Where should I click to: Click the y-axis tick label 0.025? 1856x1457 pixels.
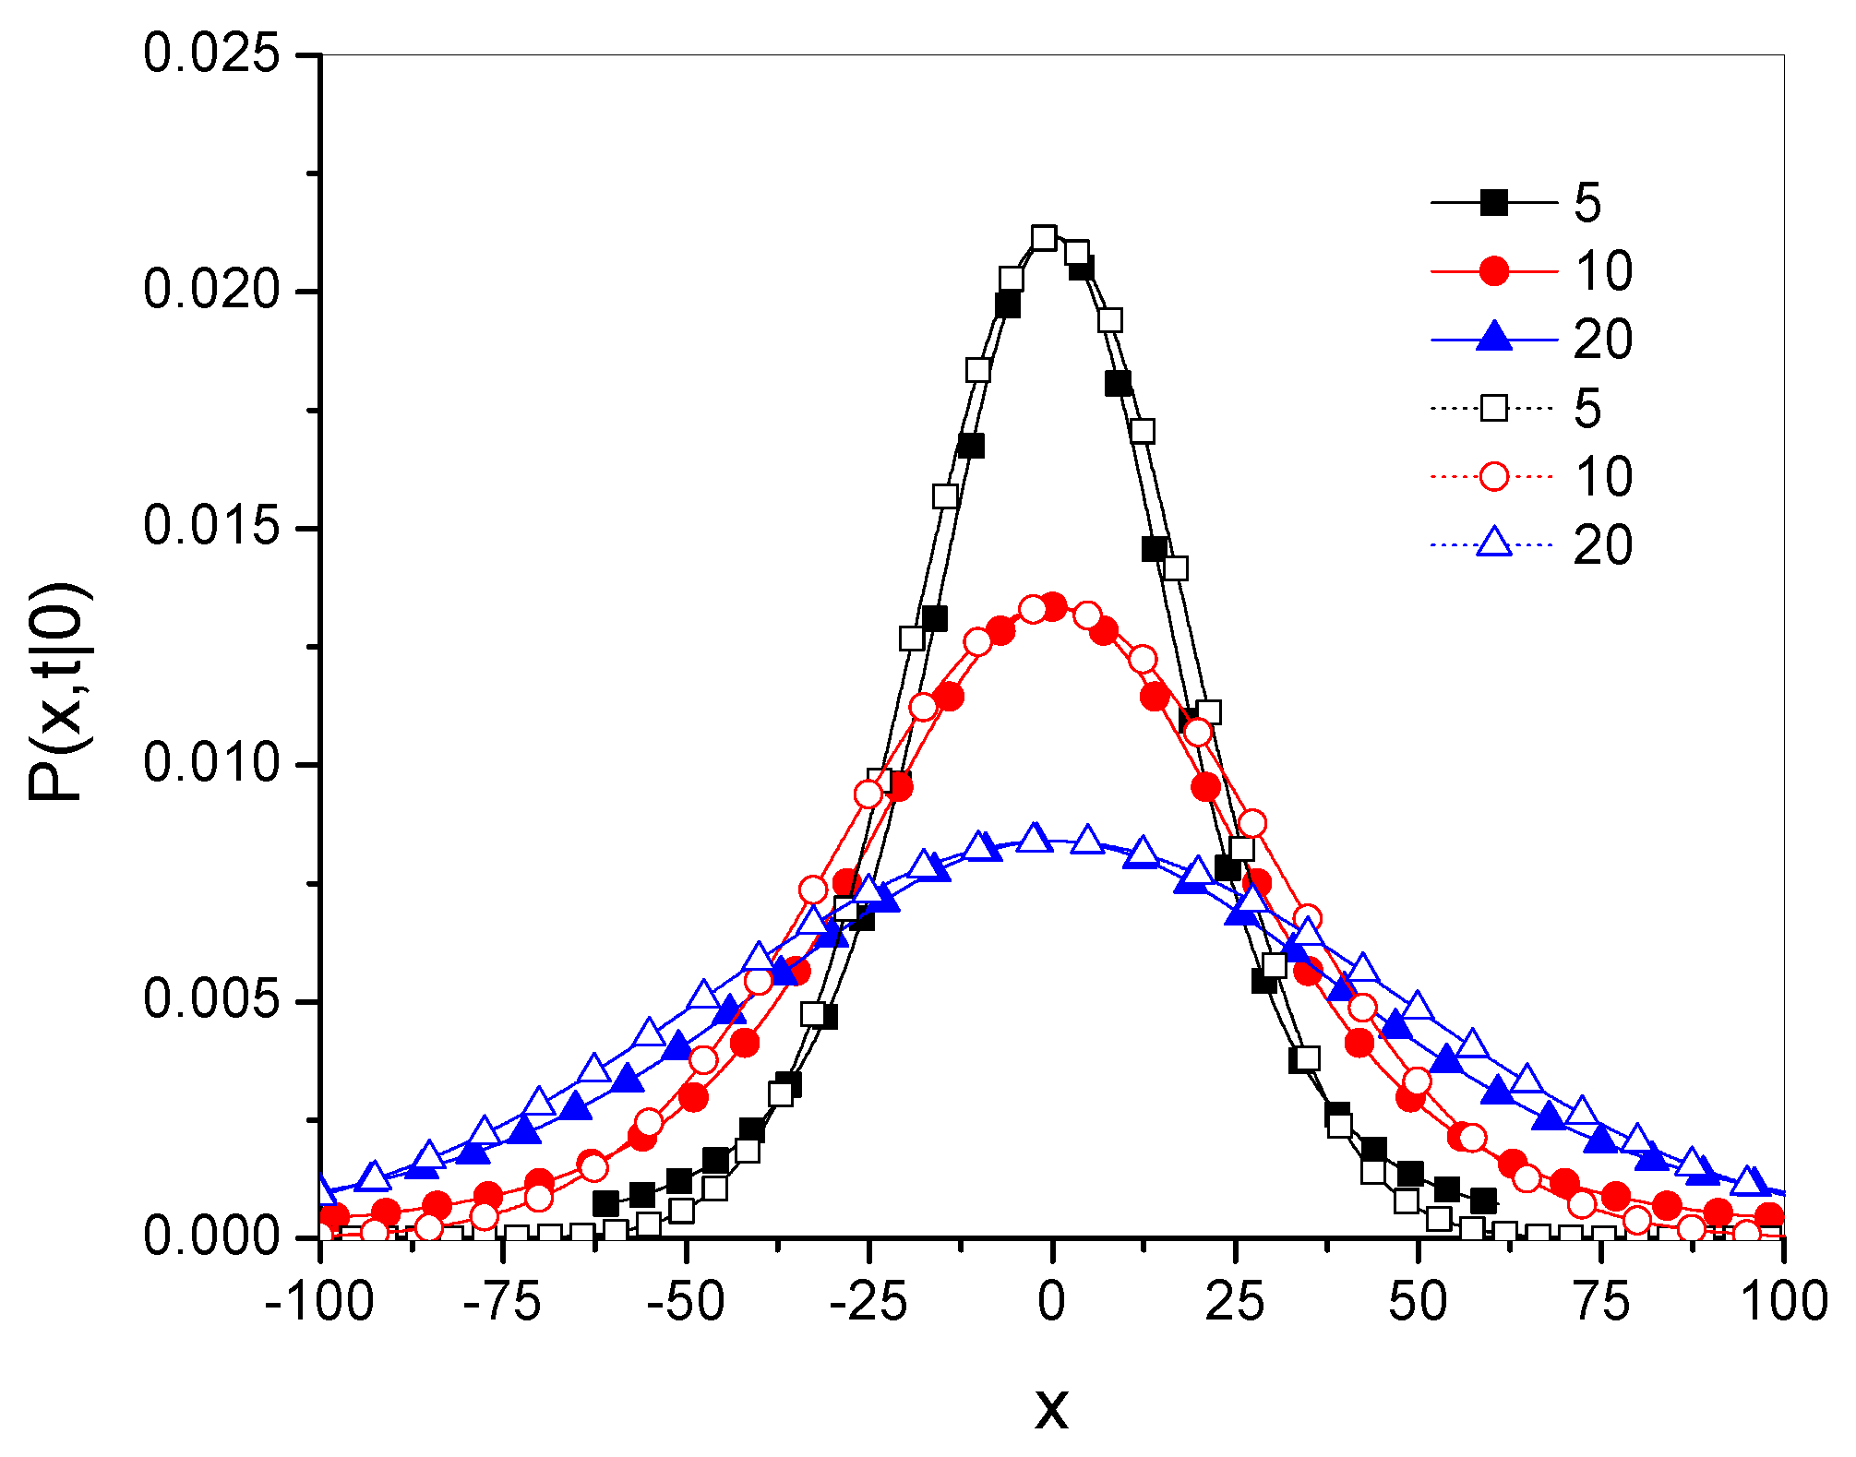211,54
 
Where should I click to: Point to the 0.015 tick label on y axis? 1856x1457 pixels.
211,527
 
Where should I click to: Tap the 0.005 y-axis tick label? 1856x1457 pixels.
211,1000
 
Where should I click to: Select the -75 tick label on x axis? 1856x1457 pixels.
502,1302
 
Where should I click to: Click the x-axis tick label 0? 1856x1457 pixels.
1051,1302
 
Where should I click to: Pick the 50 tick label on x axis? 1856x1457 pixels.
1418,1302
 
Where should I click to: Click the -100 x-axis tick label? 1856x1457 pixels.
319,1302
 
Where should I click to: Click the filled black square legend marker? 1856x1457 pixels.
1493,202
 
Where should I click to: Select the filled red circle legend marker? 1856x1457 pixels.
1493,271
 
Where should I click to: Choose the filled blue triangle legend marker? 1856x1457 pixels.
1493,338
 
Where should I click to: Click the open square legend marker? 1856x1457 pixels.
1493,408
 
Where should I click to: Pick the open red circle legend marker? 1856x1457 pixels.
1493,476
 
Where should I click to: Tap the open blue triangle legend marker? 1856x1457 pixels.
1493,543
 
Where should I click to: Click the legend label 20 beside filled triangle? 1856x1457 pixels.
1603,340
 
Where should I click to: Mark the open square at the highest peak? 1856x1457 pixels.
1044,238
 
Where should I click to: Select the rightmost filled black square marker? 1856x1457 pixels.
1483,1200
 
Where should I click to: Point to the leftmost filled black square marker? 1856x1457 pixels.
605,1203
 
